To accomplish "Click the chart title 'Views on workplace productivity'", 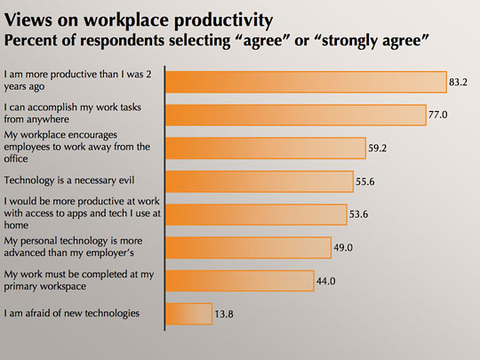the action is click(139, 20).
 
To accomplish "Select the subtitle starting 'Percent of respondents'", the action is click(216, 41).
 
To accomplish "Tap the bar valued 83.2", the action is click(306, 82).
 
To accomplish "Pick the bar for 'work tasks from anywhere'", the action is click(296, 115).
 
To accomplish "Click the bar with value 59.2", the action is click(266, 148).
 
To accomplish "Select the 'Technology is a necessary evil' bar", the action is click(260, 181).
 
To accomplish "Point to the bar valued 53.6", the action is click(256, 214).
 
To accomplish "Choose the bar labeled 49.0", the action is click(249, 248).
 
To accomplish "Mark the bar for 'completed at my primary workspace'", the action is click(240, 281).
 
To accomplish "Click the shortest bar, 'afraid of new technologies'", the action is click(188, 314).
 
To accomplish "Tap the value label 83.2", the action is click(459, 82).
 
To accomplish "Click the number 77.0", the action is click(437, 115).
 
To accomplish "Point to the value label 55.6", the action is click(365, 182).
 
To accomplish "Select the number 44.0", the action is click(325, 281).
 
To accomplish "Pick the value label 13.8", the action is click(224, 314).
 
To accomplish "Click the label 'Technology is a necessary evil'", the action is click(69, 180).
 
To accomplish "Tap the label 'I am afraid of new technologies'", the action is click(72, 313).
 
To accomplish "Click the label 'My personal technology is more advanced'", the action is click(73, 247).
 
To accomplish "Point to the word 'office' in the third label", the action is click(16, 158).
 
